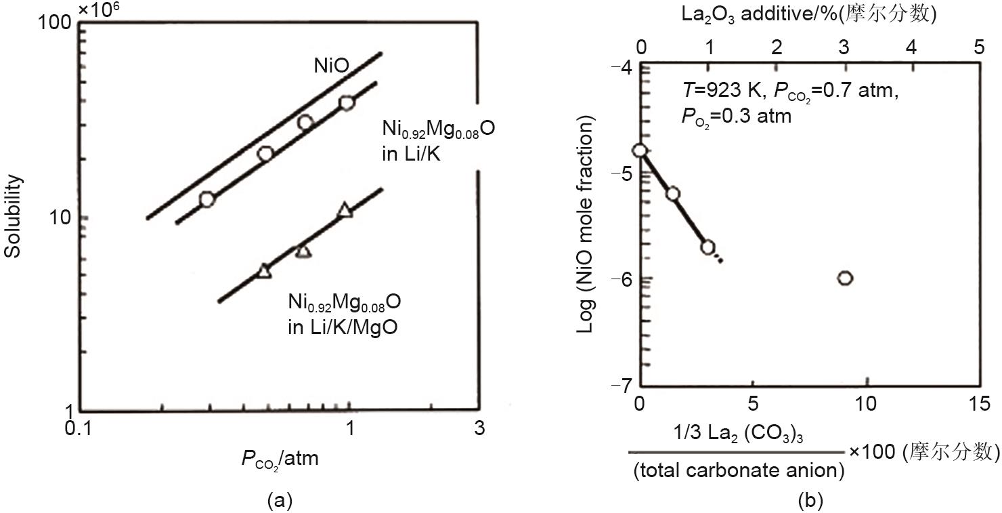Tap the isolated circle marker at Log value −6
[844, 278]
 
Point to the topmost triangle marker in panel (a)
[345, 210]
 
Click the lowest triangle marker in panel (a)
[264, 271]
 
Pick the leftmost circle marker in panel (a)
[207, 199]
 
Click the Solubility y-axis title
[13, 216]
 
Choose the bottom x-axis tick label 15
[978, 405]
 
